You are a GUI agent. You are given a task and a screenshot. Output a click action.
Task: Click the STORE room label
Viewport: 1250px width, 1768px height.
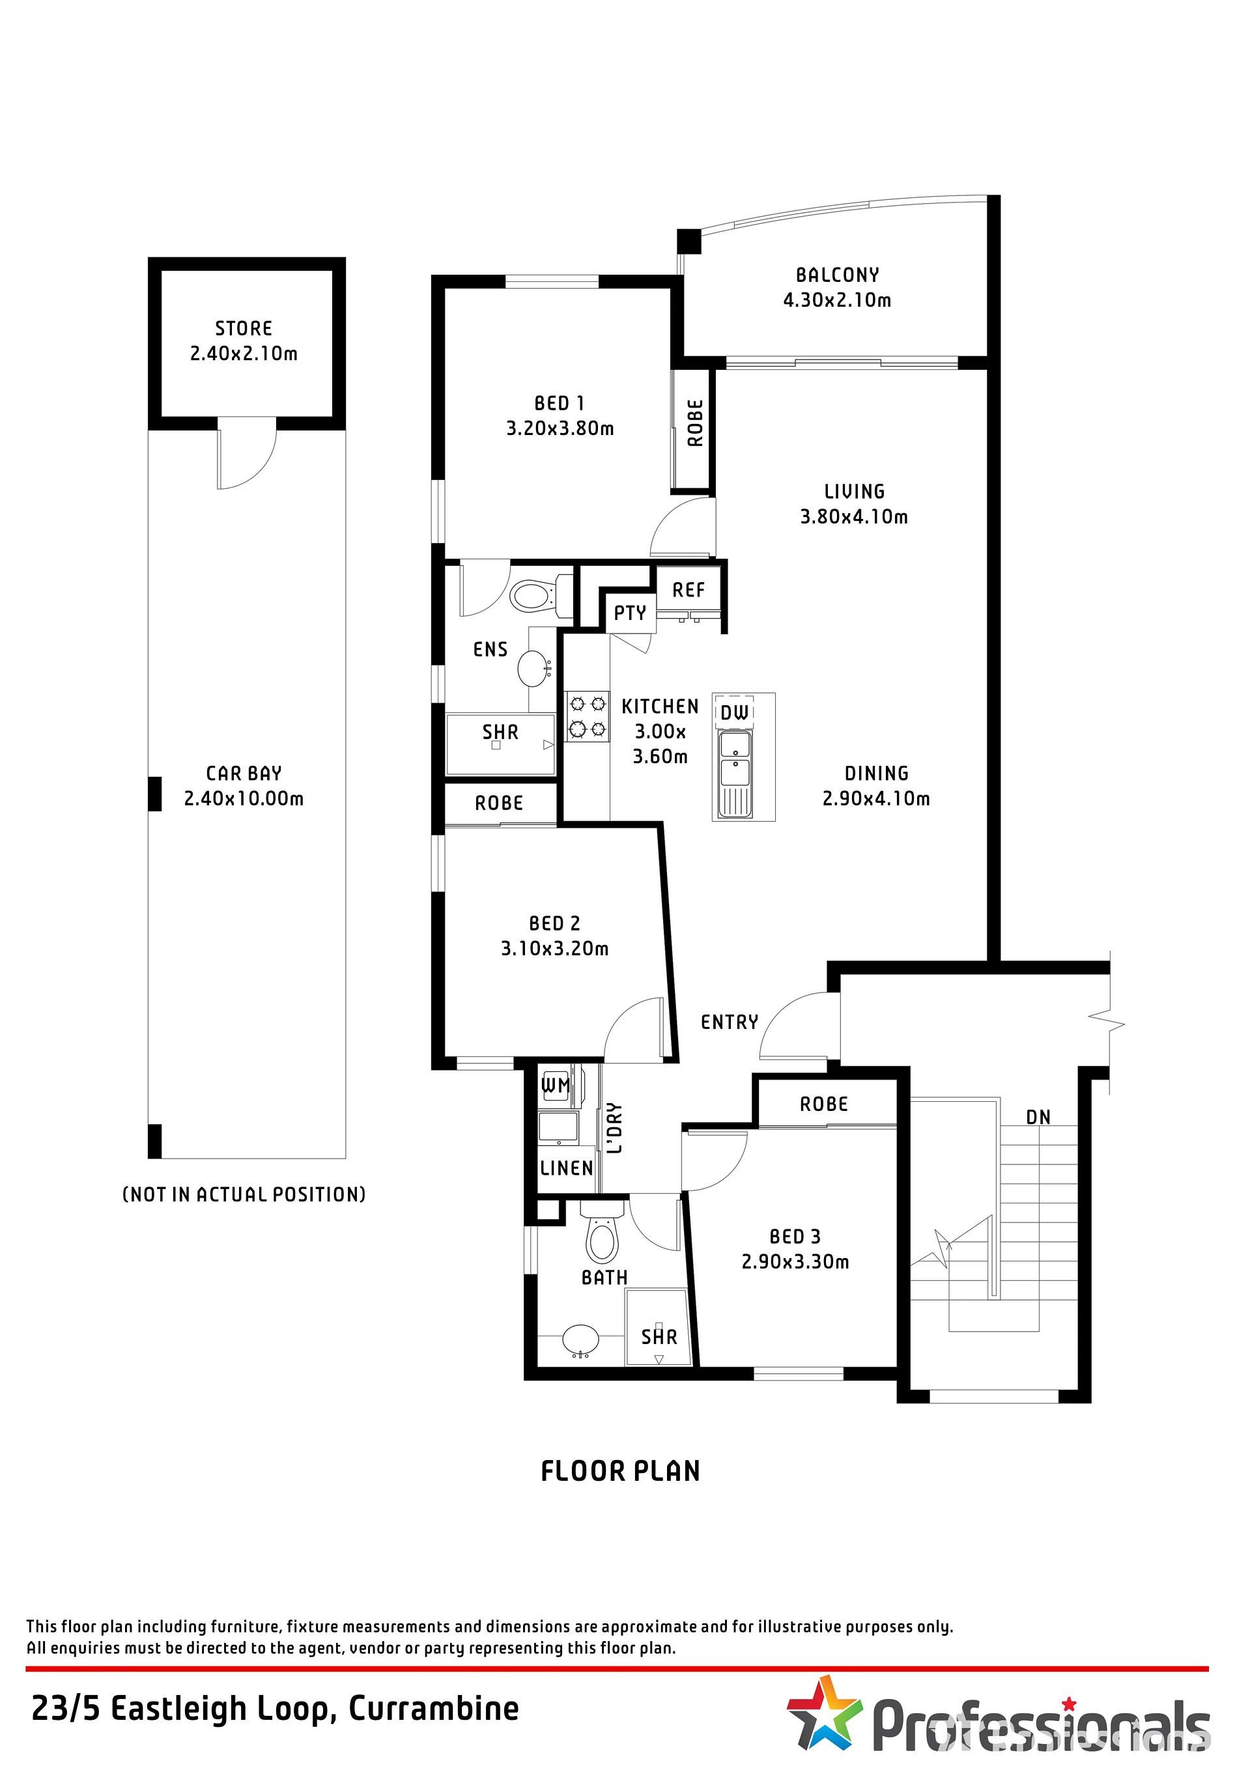click(244, 329)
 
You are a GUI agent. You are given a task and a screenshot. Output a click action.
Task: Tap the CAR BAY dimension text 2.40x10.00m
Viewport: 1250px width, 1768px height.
click(244, 798)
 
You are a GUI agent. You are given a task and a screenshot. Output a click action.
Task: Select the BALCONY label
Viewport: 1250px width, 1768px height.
click(837, 275)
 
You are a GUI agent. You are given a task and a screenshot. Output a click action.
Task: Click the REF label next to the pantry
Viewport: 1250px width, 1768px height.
click(689, 590)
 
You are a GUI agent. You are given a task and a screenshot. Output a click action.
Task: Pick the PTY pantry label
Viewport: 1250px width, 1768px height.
click(630, 613)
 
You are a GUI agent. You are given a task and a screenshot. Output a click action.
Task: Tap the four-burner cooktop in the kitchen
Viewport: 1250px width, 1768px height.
click(588, 716)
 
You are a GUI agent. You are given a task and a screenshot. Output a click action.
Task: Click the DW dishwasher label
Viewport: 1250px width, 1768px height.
click(735, 713)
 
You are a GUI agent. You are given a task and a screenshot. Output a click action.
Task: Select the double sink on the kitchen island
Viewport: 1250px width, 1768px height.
click(735, 773)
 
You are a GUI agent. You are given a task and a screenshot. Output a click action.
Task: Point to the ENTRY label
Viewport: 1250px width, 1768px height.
click(730, 1022)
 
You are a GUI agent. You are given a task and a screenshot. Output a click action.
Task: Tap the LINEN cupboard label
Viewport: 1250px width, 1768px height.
click(567, 1168)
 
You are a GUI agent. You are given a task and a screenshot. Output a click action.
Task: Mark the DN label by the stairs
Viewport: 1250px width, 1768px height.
click(1038, 1117)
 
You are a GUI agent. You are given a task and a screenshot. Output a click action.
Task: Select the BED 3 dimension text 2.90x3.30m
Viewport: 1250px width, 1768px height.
click(795, 1261)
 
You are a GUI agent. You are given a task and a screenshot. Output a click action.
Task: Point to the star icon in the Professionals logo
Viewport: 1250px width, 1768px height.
click(823, 1713)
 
